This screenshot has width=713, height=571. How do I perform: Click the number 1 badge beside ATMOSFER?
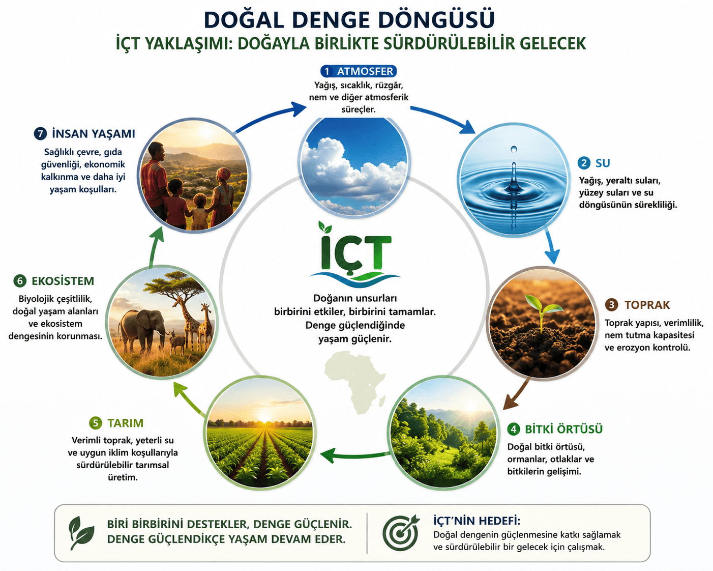point(326,71)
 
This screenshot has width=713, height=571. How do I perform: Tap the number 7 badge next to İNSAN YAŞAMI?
point(40,134)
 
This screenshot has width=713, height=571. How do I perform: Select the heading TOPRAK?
point(647,305)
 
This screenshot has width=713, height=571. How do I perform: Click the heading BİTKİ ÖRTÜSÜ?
point(563,429)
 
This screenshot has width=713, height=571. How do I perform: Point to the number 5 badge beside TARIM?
point(96,423)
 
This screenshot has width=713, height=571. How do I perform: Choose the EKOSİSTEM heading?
point(63,281)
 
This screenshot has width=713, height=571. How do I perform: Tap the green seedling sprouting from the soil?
point(543,310)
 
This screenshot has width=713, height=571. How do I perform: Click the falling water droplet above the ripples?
point(514,149)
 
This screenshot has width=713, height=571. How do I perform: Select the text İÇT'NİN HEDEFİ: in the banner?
point(477,521)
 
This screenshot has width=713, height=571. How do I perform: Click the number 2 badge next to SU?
point(584,163)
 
